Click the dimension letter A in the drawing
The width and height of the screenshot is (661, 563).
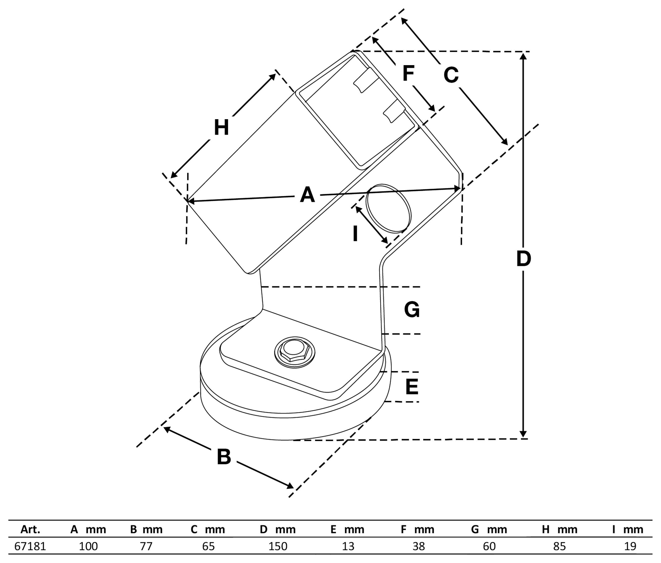coord(307,195)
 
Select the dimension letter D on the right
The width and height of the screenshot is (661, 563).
coord(524,259)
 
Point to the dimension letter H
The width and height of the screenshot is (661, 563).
coord(221,127)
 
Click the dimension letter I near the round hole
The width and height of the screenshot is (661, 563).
coord(355,234)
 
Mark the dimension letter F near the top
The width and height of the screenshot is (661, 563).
coord(408,73)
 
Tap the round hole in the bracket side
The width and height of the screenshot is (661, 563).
coord(388,208)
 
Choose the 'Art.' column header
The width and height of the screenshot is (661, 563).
coord(30,529)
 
